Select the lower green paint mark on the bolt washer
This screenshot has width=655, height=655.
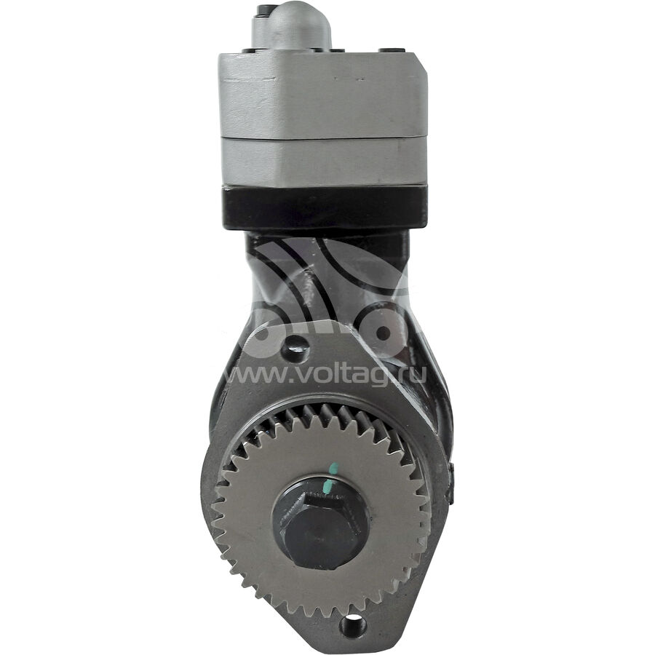tap(329, 485)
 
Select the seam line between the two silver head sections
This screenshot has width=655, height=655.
tap(324, 138)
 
